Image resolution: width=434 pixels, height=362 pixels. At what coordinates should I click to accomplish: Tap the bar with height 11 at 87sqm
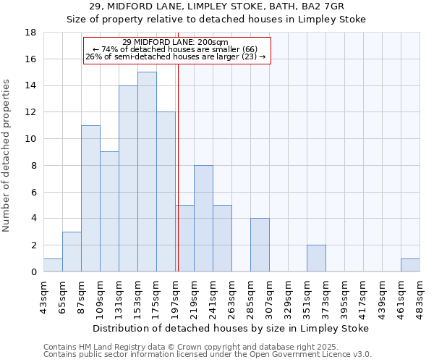pyautogui.click(x=90, y=198)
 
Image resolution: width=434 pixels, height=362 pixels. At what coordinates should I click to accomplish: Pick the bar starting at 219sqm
pyautogui.click(x=203, y=218)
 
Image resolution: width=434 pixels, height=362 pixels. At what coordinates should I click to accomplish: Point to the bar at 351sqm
pyautogui.click(x=316, y=258)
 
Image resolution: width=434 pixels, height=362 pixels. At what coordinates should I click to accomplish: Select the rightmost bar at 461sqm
pyautogui.click(x=410, y=265)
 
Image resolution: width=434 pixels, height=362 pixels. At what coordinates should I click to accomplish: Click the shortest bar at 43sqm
pyautogui.click(x=53, y=265)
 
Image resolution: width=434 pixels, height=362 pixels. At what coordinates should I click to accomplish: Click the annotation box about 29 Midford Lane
pyautogui.click(x=176, y=50)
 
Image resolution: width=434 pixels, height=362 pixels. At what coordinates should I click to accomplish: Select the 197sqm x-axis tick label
pyautogui.click(x=175, y=295)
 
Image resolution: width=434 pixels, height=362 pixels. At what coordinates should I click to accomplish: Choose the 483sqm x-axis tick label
pyautogui.click(x=420, y=295)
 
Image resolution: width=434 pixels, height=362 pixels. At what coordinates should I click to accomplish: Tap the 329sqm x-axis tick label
pyautogui.click(x=288, y=295)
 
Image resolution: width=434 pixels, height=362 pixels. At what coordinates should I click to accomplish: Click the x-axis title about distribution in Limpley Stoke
pyautogui.click(x=231, y=328)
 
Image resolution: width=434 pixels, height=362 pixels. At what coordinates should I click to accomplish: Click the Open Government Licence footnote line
pyautogui.click(x=208, y=355)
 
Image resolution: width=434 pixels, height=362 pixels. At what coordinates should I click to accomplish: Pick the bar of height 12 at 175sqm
pyautogui.click(x=166, y=192)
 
